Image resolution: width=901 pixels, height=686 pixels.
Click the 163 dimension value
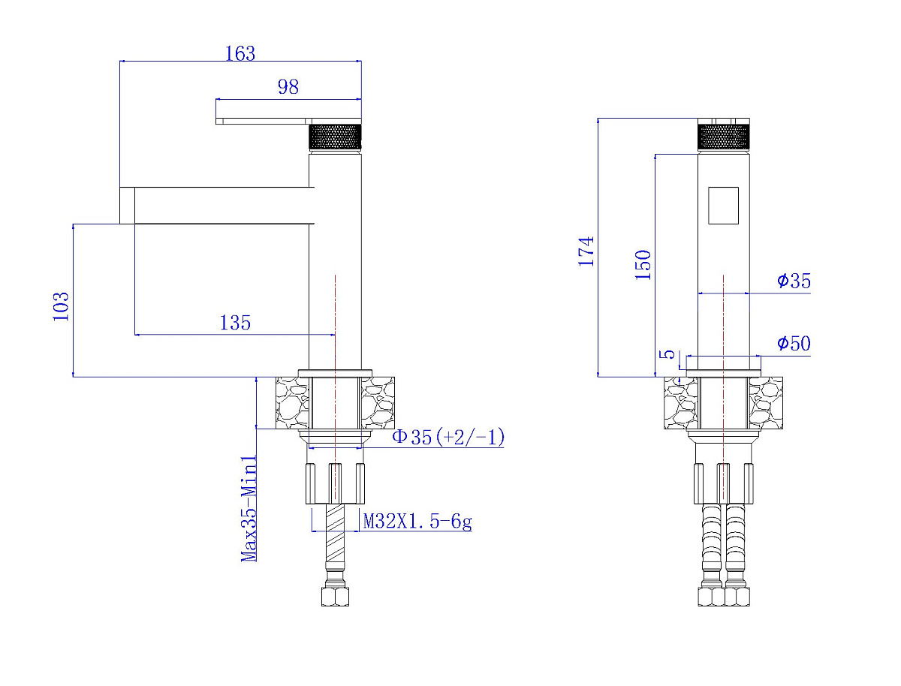click(x=240, y=53)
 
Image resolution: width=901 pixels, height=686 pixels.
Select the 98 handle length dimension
click(x=288, y=86)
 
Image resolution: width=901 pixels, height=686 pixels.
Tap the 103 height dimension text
click(x=61, y=306)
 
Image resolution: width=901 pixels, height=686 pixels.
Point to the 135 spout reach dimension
click(x=235, y=323)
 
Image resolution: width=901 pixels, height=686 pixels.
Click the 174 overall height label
click(x=586, y=251)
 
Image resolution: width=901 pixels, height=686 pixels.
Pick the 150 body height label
click(x=643, y=265)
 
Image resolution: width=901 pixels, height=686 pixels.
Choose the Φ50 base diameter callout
click(x=794, y=343)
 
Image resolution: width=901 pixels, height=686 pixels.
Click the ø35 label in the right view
click(x=794, y=281)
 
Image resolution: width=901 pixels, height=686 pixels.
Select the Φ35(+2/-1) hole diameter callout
click(x=448, y=437)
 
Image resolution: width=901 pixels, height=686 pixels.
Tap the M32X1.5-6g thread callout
click(x=417, y=522)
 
